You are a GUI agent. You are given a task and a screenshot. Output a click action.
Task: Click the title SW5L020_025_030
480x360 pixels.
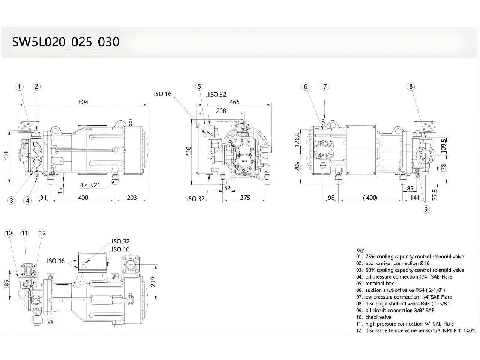coord(66,42)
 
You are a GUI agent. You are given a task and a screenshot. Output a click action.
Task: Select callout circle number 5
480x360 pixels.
coord(200,87)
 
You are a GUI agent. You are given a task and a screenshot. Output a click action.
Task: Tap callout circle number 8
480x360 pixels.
coord(411,87)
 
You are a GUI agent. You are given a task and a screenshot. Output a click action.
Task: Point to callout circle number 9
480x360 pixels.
coord(426,210)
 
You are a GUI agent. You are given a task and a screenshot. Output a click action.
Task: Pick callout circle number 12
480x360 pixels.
coord(42,233)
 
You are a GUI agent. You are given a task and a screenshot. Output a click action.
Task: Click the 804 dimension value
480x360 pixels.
coord(83,102)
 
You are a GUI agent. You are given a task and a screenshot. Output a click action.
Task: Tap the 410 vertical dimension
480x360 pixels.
coord(189,151)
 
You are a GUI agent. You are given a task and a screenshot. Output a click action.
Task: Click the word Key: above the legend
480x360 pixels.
coord(361,250)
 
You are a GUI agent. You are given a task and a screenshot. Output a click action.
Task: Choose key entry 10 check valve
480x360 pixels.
coord(373,317)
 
